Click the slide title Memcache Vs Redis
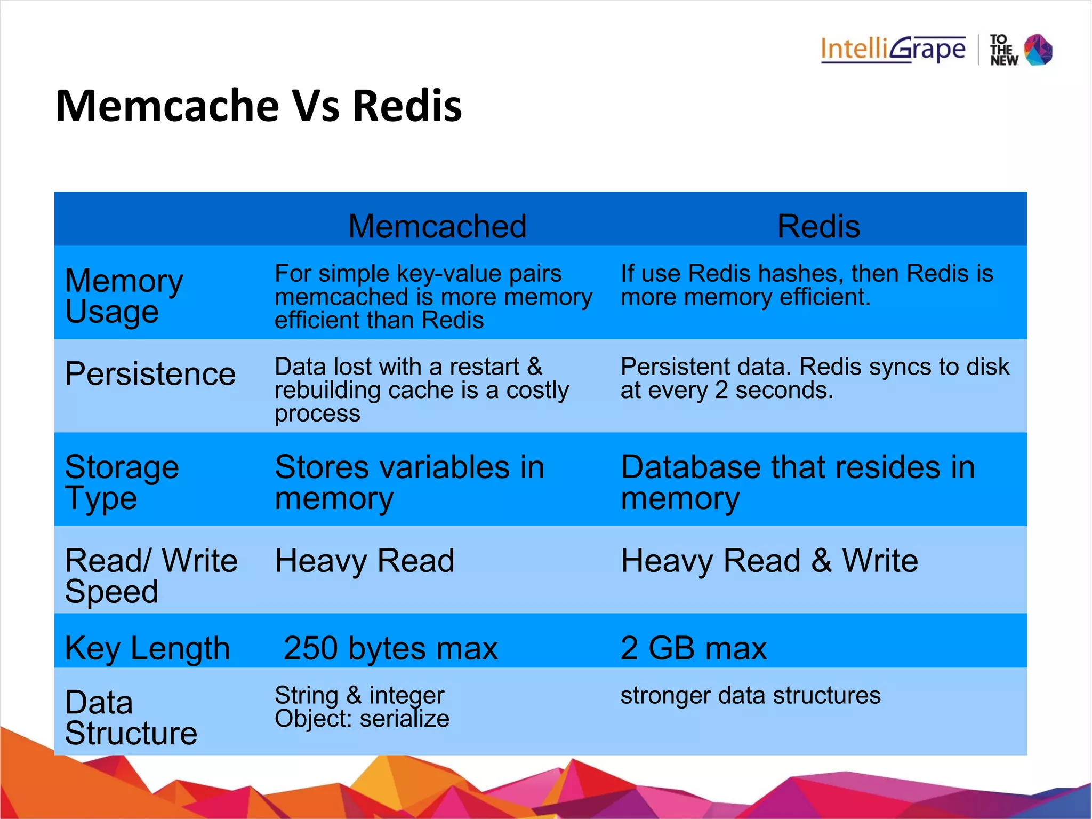click(x=259, y=106)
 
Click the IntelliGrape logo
click(x=893, y=50)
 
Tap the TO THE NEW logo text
click(x=1003, y=50)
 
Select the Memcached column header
click(x=437, y=226)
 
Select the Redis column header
click(x=818, y=226)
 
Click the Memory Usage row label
click(x=124, y=296)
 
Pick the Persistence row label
click(x=150, y=373)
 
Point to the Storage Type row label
click(x=122, y=482)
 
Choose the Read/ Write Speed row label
click(x=151, y=576)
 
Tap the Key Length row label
click(x=147, y=648)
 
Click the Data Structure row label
click(x=131, y=717)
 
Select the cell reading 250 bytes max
click(x=390, y=648)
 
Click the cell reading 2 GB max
click(x=694, y=648)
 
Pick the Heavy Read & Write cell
click(x=769, y=561)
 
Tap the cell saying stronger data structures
click(x=750, y=695)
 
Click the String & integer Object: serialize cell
click(x=362, y=707)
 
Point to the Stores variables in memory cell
click(x=409, y=482)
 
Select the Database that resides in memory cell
click(x=798, y=482)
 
